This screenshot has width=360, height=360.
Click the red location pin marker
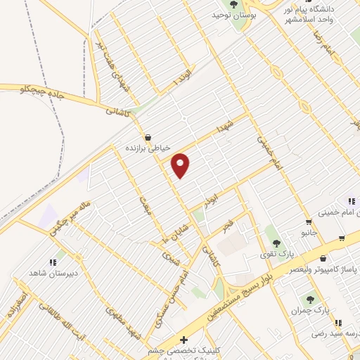[x=181, y=165]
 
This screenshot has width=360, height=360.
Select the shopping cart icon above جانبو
[x=308, y=222]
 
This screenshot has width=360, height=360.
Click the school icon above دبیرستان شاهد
[x=52, y=261]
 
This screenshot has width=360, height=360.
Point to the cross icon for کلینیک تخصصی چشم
[x=184, y=340]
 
